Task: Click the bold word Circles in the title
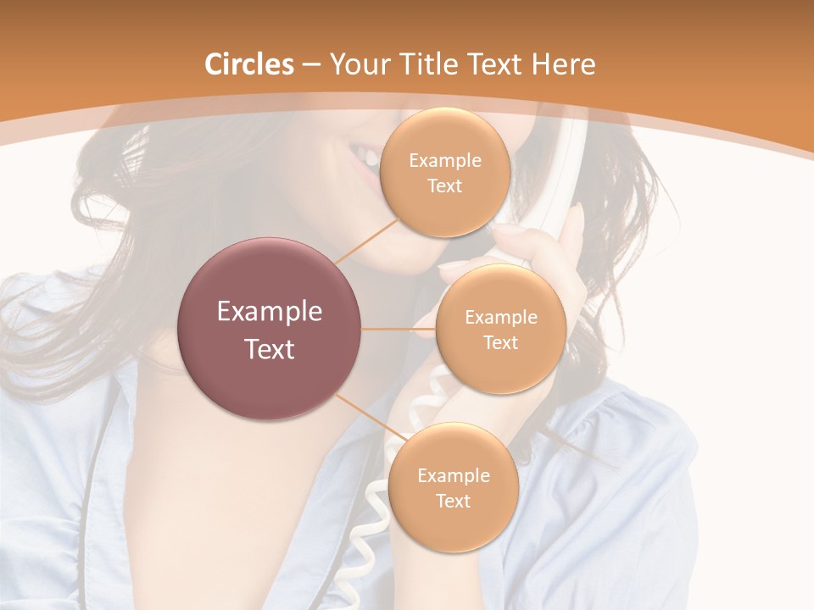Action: (x=249, y=64)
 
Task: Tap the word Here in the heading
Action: (x=564, y=64)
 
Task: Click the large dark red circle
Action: (x=270, y=329)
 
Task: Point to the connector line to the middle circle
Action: (x=399, y=329)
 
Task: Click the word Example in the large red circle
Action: (x=270, y=312)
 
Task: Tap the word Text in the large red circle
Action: (x=270, y=349)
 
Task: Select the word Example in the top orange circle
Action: (x=444, y=161)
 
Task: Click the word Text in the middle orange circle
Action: (x=500, y=342)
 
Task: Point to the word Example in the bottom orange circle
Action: (x=453, y=475)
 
